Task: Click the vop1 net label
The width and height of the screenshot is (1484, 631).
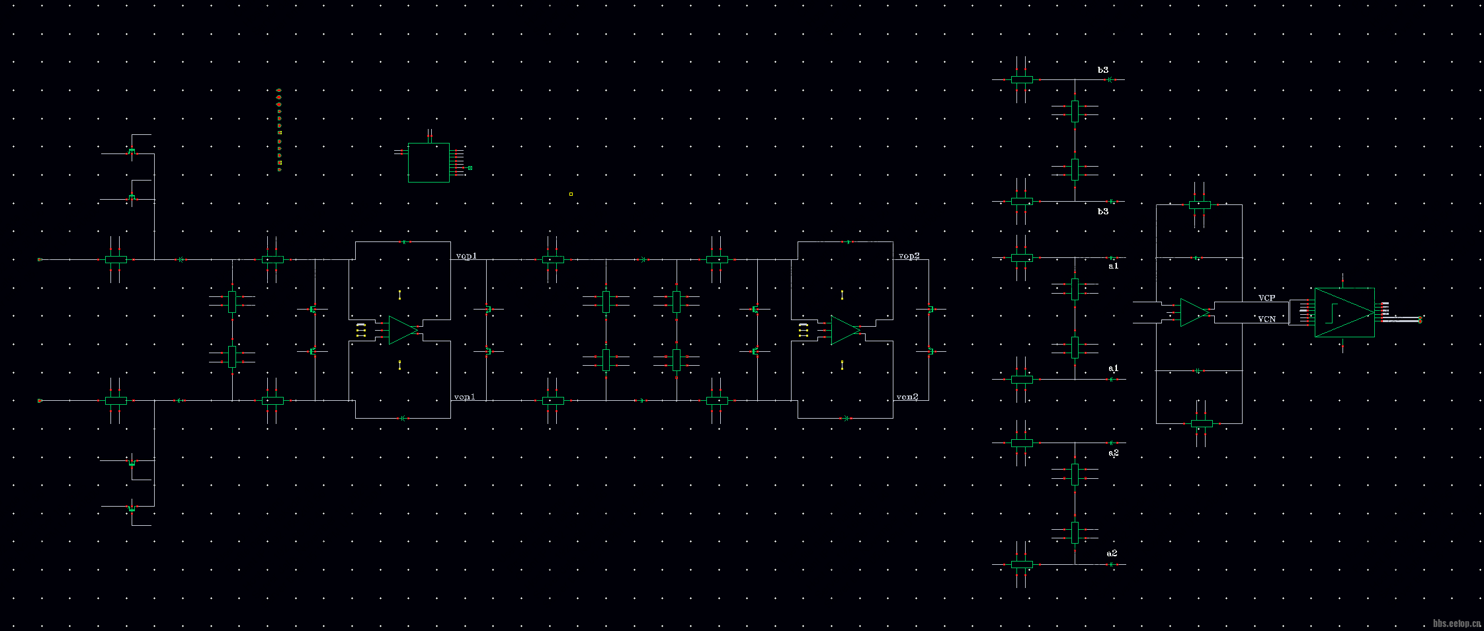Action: point(466,256)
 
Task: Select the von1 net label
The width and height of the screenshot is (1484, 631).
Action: point(464,397)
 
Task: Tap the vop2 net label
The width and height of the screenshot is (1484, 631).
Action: point(909,256)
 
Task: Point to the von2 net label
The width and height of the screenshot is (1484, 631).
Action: point(907,397)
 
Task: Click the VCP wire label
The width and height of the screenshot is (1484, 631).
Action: point(1266,298)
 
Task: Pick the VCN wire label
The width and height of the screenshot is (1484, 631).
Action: point(1266,319)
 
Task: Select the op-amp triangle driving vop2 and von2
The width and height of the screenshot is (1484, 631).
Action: point(845,330)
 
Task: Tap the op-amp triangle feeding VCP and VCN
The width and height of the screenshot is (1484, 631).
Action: point(1194,312)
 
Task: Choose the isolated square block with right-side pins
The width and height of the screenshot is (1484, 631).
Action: point(429,162)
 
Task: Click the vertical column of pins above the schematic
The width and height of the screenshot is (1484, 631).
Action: point(279,130)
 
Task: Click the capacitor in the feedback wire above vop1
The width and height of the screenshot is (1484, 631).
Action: point(403,242)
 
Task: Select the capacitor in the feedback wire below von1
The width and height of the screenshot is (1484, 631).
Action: point(403,418)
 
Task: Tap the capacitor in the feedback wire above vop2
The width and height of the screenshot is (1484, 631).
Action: point(846,242)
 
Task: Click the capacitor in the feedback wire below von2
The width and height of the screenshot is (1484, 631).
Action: point(845,418)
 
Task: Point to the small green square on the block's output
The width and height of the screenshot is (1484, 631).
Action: point(470,168)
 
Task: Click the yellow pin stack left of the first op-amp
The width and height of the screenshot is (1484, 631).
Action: point(360,331)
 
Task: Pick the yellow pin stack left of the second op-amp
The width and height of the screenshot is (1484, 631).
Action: point(803,331)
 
